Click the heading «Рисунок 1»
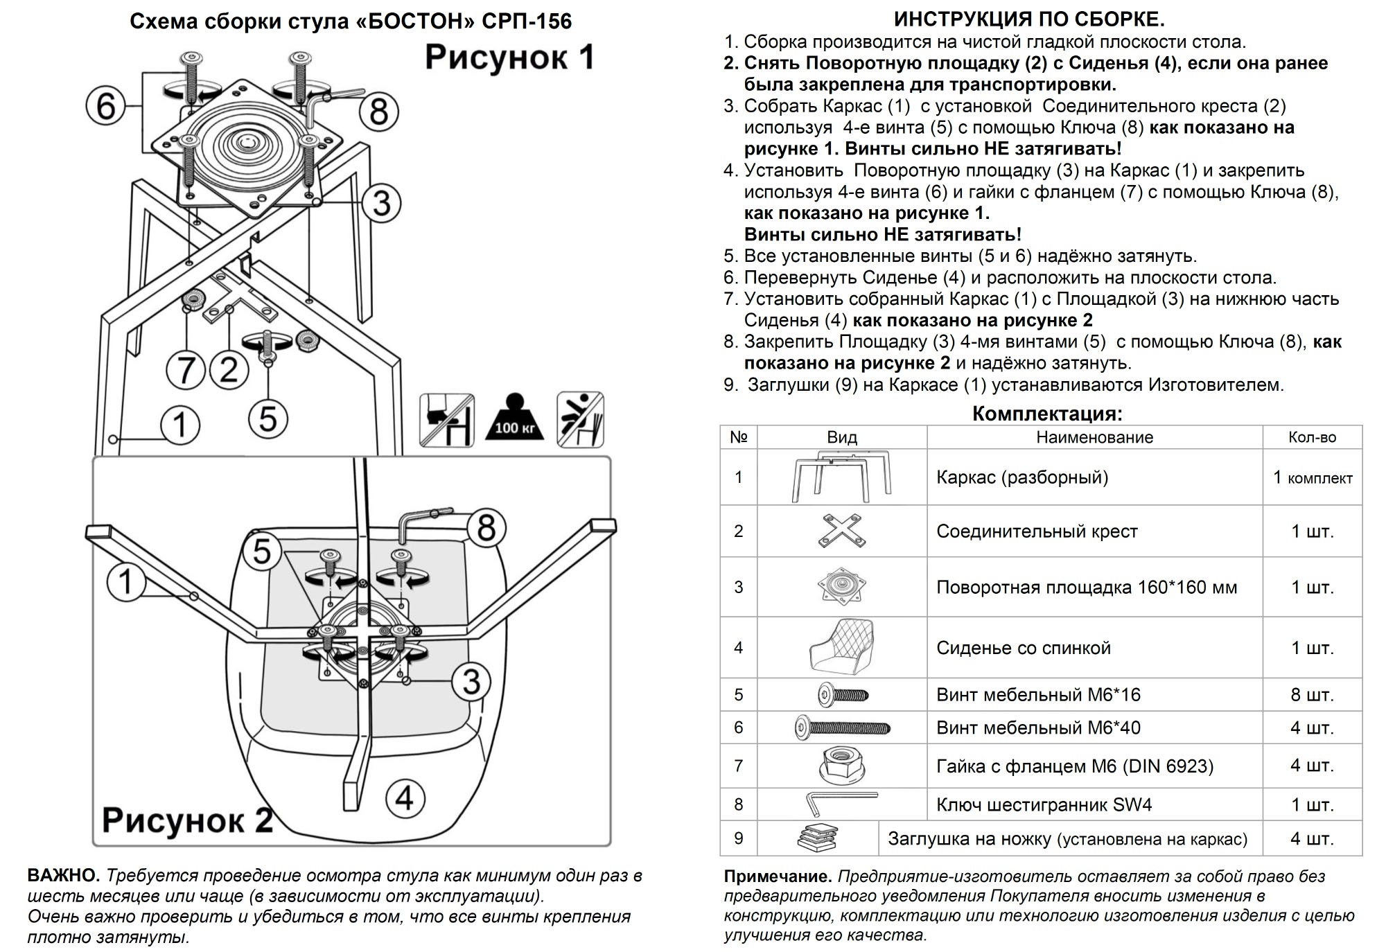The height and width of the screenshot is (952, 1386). [x=509, y=58]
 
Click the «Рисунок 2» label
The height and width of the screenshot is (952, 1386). [x=187, y=820]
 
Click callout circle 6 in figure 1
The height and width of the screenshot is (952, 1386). [x=106, y=107]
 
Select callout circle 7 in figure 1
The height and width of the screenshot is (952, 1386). [x=185, y=369]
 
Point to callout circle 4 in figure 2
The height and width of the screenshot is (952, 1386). [x=405, y=797]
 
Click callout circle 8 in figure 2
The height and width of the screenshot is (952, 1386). [x=487, y=528]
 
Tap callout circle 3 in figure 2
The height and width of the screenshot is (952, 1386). [x=472, y=681]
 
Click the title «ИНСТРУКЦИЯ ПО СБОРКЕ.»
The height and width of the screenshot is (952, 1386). [x=1029, y=19]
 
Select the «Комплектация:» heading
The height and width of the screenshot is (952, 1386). [x=1047, y=414]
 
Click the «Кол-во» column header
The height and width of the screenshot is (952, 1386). [x=1312, y=437]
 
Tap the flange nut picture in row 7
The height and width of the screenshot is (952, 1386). [x=841, y=766]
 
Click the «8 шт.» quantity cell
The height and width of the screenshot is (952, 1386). [x=1312, y=694]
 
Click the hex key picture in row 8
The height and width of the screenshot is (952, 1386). [x=841, y=804]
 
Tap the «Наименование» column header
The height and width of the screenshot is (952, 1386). [x=1094, y=437]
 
